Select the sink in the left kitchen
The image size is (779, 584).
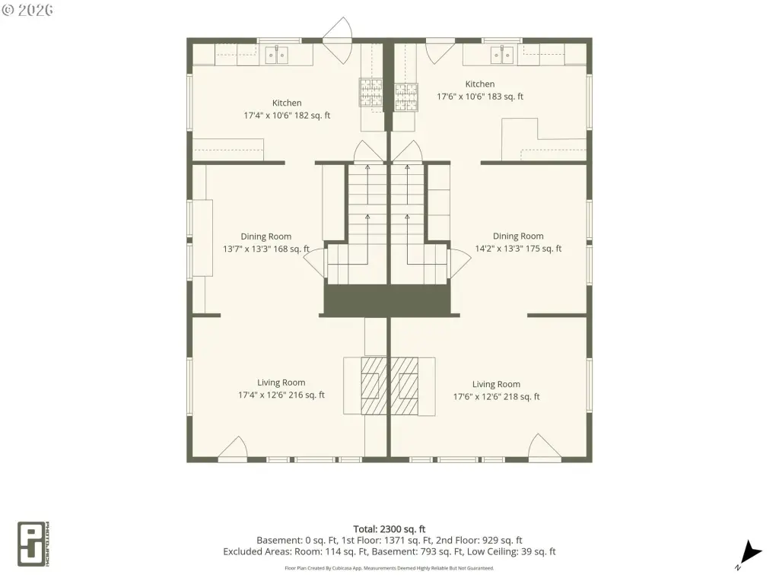click(x=276, y=55)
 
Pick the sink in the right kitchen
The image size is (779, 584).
click(x=502, y=55)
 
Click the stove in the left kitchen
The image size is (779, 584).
click(x=371, y=92)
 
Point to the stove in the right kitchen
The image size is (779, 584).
click(x=406, y=97)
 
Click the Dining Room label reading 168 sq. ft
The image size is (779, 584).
click(x=266, y=243)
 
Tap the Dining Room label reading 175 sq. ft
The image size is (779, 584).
click(x=518, y=242)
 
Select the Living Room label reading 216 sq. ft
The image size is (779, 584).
click(x=281, y=389)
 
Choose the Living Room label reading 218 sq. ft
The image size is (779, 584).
click(x=496, y=390)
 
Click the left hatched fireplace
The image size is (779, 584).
click(x=374, y=386)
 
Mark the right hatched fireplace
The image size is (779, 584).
click(x=404, y=386)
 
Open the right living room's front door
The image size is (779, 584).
click(x=545, y=447)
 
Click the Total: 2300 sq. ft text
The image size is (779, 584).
click(x=389, y=529)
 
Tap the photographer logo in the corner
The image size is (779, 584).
click(x=33, y=544)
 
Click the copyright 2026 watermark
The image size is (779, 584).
click(x=27, y=10)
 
